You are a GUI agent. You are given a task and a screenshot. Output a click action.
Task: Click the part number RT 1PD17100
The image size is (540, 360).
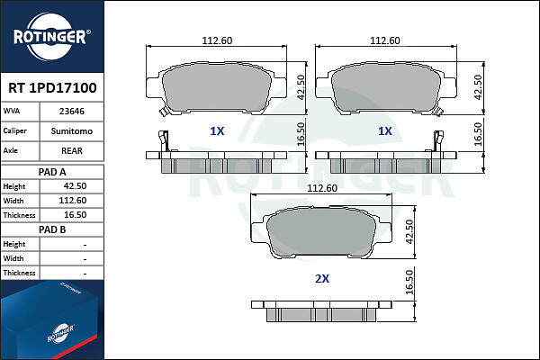(x=52, y=88)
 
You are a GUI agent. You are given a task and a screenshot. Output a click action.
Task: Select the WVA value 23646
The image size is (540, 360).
(x=72, y=112)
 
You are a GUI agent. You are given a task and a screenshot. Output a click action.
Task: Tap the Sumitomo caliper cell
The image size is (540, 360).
(x=72, y=131)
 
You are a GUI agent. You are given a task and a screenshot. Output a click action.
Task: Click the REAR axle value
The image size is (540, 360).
(x=72, y=151)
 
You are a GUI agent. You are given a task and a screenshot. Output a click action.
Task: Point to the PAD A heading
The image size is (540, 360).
(x=52, y=172)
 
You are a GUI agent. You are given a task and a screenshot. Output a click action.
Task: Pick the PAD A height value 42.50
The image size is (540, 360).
(x=75, y=186)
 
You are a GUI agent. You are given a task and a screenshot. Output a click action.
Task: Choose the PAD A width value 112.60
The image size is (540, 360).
(x=73, y=201)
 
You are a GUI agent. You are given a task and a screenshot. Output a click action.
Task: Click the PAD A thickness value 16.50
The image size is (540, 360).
(x=75, y=215)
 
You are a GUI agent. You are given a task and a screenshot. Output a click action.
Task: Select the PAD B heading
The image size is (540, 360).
(x=52, y=229)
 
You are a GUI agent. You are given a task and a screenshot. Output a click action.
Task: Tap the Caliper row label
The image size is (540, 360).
(x=14, y=130)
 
